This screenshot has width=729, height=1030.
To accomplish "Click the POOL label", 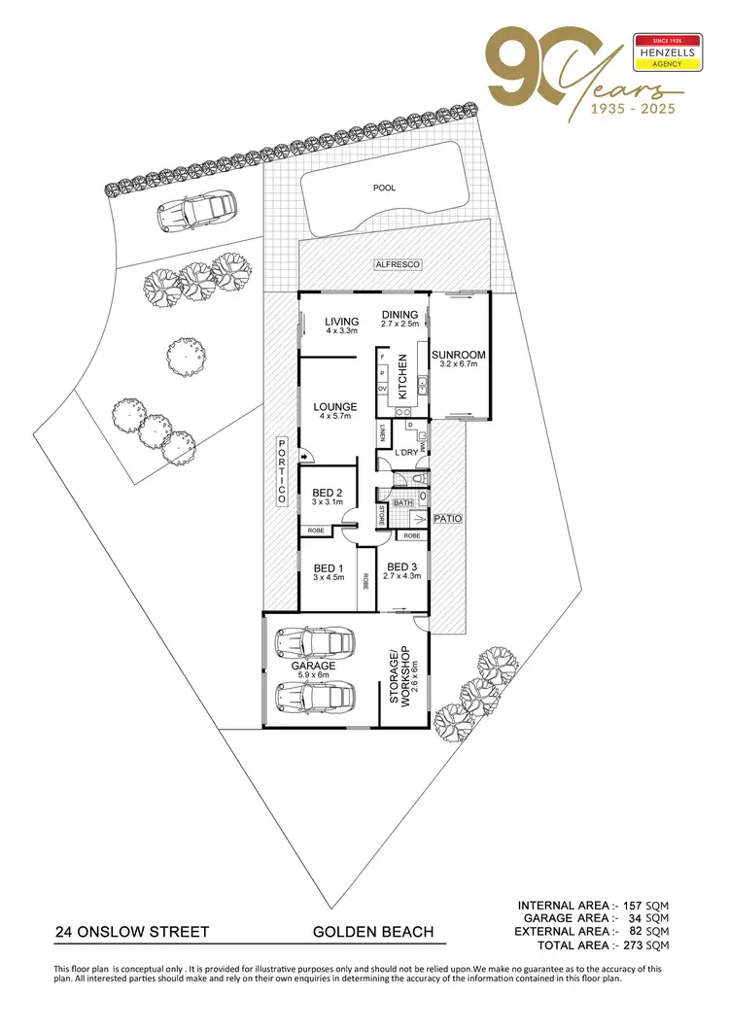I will pyautogui.click(x=385, y=188).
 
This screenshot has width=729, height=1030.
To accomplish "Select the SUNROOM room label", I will pyautogui.click(x=458, y=356).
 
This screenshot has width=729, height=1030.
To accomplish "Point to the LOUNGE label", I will pyautogui.click(x=335, y=407).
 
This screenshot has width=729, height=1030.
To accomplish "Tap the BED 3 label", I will pyautogui.click(x=403, y=566).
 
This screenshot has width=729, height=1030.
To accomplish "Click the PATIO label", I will pyautogui.click(x=447, y=520).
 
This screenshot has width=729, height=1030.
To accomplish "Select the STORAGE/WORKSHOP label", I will pyautogui.click(x=399, y=673).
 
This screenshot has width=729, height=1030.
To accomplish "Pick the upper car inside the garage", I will pyautogui.click(x=313, y=641).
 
